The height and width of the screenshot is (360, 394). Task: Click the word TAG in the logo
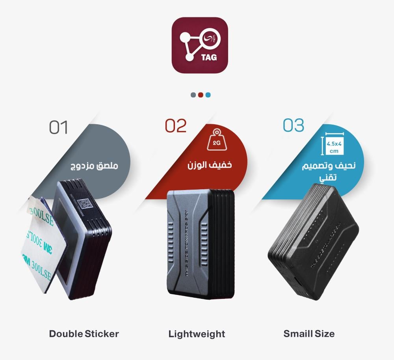(x=209, y=57)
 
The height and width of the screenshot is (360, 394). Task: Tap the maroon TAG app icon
(x=200, y=45)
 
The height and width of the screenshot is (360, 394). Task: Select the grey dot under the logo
(x=193, y=95)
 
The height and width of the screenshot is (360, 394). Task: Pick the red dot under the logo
(x=201, y=95)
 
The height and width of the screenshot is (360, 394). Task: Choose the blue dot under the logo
(x=208, y=95)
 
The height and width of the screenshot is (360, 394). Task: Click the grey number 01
(x=59, y=127)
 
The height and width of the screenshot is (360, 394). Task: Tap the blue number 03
(x=294, y=125)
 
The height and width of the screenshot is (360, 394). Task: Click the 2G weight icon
(x=216, y=140)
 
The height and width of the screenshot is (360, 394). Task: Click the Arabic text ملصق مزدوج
(x=94, y=166)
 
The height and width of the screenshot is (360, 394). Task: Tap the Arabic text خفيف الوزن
(x=210, y=164)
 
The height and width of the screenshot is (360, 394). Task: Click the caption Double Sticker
(x=84, y=334)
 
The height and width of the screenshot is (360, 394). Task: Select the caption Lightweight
(x=197, y=334)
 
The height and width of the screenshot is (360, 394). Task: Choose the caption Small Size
(x=309, y=334)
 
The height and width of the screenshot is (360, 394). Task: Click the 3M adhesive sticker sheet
(x=37, y=244)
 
